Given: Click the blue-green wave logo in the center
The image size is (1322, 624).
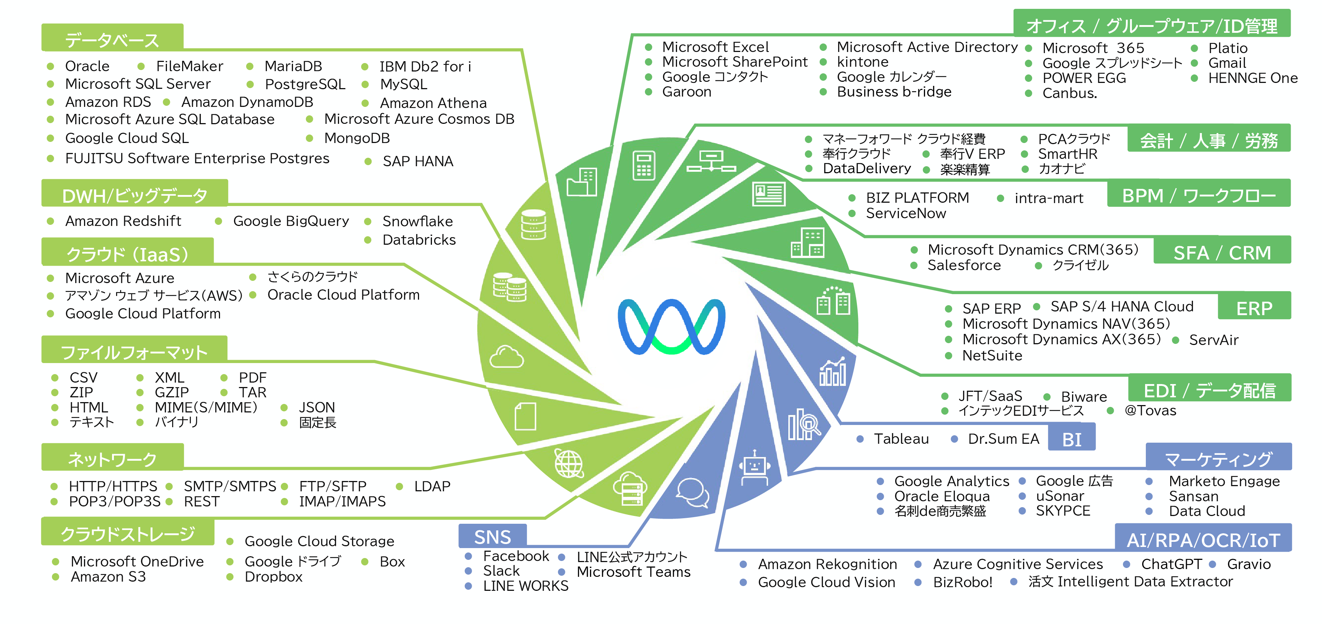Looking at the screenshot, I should [x=671, y=326].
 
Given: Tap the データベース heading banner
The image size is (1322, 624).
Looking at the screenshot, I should [x=112, y=39].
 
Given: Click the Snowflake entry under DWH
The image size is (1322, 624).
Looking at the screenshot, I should [x=417, y=221].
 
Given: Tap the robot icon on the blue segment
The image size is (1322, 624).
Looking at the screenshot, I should [x=754, y=467].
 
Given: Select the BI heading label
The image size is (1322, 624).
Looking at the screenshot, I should [x=1071, y=439].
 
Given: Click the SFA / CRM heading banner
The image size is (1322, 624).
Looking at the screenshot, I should [x=1221, y=253].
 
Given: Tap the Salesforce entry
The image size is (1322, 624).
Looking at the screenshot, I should [x=964, y=265].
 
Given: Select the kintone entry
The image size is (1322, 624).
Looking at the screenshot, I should [x=862, y=62].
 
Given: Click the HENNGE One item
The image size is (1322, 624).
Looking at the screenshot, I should [x=1252, y=79].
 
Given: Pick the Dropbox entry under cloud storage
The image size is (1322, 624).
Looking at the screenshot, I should [x=273, y=577].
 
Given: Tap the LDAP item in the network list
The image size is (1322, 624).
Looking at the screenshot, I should [x=432, y=486].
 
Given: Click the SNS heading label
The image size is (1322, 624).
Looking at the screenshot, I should [x=492, y=537].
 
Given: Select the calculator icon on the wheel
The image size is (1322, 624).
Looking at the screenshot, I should [x=643, y=165].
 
